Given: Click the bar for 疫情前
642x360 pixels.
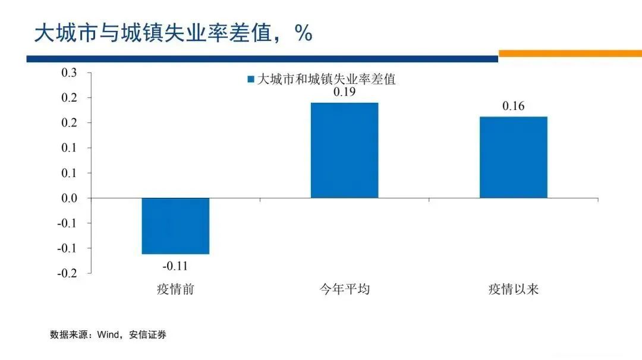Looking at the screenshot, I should click(x=175, y=226).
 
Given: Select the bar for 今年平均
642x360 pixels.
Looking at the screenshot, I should click(x=345, y=150).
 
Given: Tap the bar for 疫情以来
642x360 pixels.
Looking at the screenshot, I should click(x=514, y=157).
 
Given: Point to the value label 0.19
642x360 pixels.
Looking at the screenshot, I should click(x=345, y=93).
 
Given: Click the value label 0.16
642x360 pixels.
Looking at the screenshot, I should click(x=514, y=106).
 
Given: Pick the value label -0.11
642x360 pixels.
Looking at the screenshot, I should click(x=175, y=266).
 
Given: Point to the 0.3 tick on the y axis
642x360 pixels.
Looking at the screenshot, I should click(x=70, y=73).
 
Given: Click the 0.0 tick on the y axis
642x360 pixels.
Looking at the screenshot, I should click(x=70, y=198).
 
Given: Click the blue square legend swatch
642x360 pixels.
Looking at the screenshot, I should click(x=251, y=79).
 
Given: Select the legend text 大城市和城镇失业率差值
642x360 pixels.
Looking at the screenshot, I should click(x=326, y=79).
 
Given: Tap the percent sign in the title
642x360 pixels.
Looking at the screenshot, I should click(x=303, y=33).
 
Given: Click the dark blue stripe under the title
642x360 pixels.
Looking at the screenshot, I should click(x=262, y=59).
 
